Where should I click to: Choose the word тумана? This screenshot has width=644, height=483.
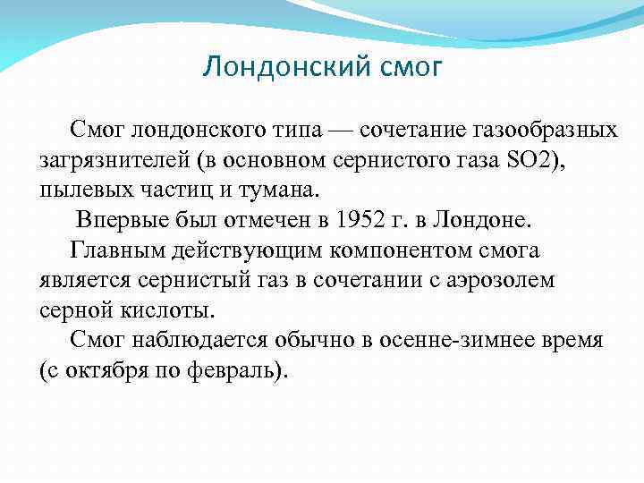tap(265, 191)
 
